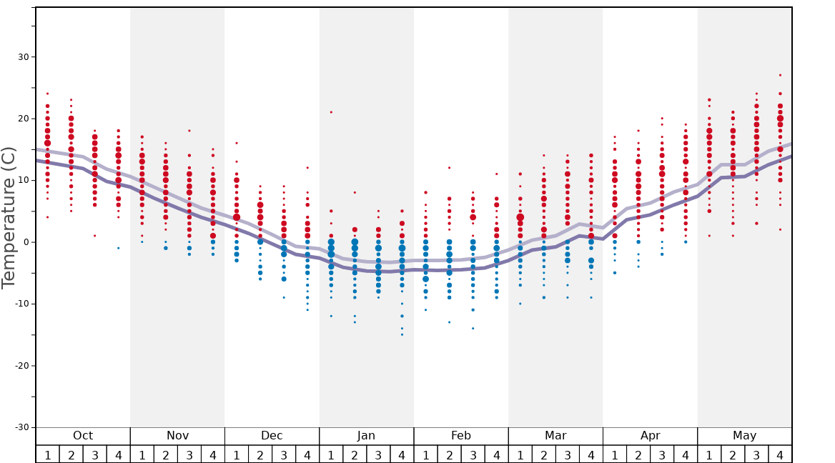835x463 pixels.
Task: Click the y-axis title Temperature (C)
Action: tap(9, 217)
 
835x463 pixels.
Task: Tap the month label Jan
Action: tap(366, 436)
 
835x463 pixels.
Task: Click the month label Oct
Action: tap(83, 436)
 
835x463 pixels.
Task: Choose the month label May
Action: tap(744, 436)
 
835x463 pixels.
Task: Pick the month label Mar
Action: tap(555, 436)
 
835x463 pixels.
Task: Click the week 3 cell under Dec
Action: tap(284, 454)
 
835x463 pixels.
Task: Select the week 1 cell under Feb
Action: tap(425, 454)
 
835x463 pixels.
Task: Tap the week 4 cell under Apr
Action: tap(686, 454)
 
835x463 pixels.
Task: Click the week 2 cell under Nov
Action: tap(166, 454)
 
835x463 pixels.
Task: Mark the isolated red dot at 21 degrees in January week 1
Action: tap(331, 112)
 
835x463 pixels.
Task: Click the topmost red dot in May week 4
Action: tap(780, 75)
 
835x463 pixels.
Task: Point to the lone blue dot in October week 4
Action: tap(119, 248)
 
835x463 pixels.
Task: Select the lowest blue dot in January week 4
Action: tap(402, 334)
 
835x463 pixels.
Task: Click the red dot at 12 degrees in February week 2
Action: tap(449, 168)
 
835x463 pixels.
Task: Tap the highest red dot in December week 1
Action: tap(237, 143)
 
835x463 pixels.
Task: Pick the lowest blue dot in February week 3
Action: tap(473, 329)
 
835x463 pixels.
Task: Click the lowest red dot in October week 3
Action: tap(95, 236)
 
